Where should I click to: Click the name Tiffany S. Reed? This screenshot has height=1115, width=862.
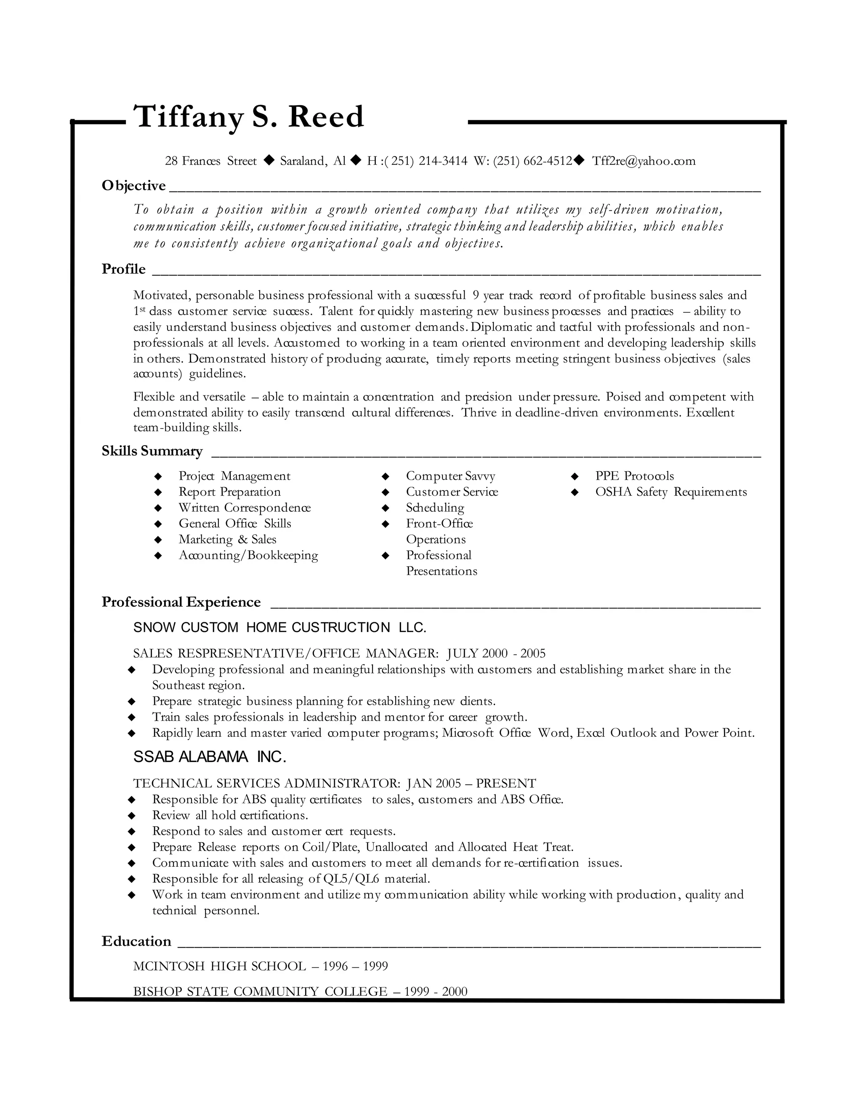[248, 117]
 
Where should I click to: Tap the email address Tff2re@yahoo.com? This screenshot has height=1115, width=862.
[644, 161]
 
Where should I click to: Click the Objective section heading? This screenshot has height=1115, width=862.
[134, 186]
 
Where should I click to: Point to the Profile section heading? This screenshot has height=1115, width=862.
[124, 269]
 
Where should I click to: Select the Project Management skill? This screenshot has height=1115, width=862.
[234, 476]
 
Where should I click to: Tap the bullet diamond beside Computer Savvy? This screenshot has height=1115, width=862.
[386, 476]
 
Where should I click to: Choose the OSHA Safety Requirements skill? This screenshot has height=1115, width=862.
[670, 492]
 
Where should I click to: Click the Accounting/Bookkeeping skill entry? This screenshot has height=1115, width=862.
[248, 555]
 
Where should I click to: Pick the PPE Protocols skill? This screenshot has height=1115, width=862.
[634, 476]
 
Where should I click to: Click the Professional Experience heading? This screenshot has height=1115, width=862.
[181, 603]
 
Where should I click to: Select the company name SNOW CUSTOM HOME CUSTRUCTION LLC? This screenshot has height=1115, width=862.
[279, 628]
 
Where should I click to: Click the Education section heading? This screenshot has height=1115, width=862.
[136, 941]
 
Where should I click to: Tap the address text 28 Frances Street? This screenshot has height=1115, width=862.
[210, 161]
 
